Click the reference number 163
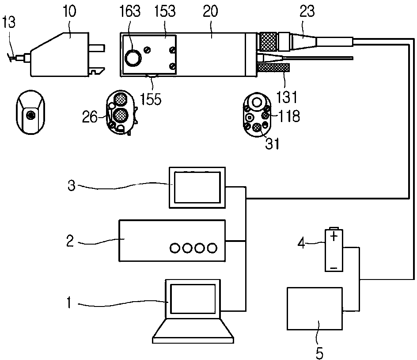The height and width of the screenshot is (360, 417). [x=130, y=11]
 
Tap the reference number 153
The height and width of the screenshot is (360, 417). [x=165, y=11]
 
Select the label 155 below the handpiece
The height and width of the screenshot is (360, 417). [x=151, y=99]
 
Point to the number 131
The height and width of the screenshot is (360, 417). [x=287, y=97]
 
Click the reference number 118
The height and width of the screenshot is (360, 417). [x=289, y=116]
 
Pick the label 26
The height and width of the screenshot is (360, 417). [x=90, y=117]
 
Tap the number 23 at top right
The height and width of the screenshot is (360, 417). [x=307, y=11]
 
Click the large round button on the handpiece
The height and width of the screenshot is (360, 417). [x=133, y=58]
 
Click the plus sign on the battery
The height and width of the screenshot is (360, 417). [x=334, y=236]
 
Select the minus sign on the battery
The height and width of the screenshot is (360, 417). [x=334, y=268]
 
